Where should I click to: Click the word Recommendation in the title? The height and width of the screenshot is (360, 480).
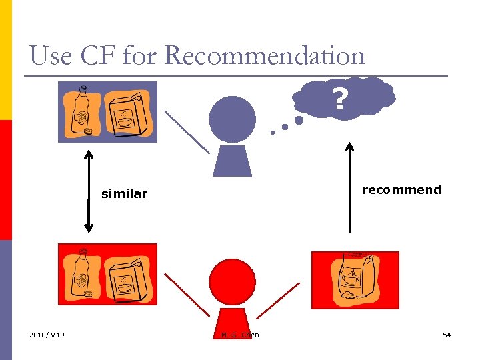tap(265, 55)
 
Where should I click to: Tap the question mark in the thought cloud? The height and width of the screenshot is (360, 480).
tap(340, 100)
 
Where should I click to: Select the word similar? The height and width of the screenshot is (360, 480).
tap(124, 194)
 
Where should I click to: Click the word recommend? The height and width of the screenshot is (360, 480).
tap(401, 190)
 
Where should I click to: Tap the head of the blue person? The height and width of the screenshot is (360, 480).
tap(232, 119)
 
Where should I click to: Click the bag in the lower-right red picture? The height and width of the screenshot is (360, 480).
tap(356, 279)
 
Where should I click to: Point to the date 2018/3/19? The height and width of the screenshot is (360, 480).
tap(47, 335)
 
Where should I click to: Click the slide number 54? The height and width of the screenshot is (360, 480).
tap(447, 335)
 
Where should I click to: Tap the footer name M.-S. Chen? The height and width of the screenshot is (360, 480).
tap(240, 335)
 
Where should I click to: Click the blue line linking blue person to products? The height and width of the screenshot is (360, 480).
tap(187, 131)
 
